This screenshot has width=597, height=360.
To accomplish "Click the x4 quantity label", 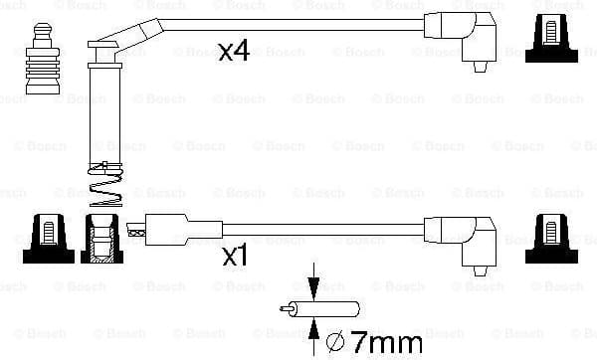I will pos(233,52).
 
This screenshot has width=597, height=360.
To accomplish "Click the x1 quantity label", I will pos(233,257).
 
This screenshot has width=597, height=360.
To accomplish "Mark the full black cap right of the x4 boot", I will pos(555,37).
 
